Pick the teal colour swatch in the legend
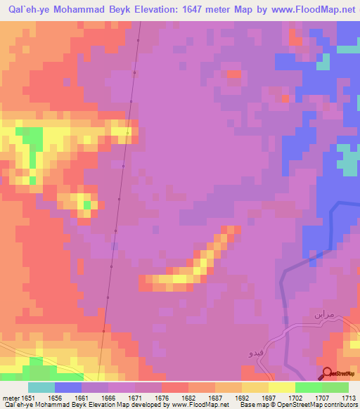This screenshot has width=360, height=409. click(41, 387)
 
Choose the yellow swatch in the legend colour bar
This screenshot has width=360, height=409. click(281, 387)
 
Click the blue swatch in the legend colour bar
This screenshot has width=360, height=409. click(68, 387)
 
